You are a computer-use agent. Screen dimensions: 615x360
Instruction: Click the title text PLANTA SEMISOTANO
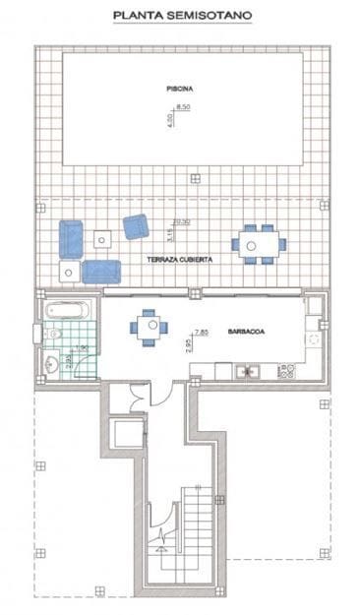(x=180, y=16)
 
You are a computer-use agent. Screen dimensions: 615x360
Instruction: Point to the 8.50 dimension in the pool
(x=182, y=106)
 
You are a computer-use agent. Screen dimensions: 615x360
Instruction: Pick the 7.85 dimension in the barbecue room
(x=201, y=332)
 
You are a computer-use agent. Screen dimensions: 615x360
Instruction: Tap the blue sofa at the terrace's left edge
(x=71, y=238)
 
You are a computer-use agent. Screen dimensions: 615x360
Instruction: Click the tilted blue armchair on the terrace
(x=136, y=226)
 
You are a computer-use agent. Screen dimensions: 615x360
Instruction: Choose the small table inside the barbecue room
(x=149, y=327)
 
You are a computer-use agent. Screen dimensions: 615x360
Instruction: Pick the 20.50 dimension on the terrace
(x=180, y=221)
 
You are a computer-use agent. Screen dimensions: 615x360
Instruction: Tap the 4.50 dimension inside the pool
(x=169, y=117)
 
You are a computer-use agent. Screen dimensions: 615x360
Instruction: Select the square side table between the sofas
(x=102, y=238)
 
